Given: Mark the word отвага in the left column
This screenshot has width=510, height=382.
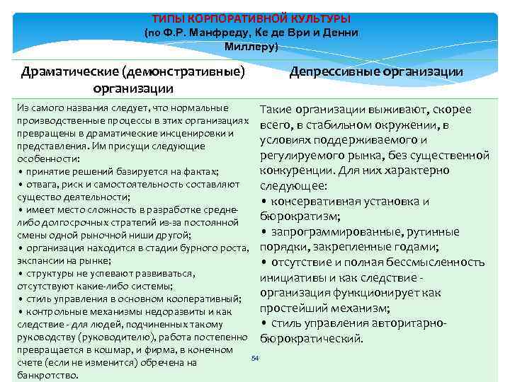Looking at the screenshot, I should (x=42, y=185).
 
